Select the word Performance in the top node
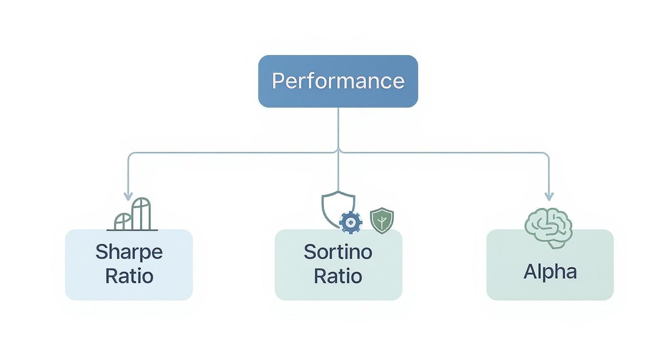click(x=338, y=81)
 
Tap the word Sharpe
click(x=129, y=252)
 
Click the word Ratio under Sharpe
click(x=129, y=276)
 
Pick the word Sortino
click(x=338, y=252)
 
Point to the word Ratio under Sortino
click(x=338, y=276)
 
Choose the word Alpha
click(x=550, y=272)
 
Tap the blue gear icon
click(x=351, y=222)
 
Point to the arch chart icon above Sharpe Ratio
click(x=133, y=215)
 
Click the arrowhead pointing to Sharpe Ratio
click(x=128, y=196)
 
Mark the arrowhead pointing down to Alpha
click(x=549, y=196)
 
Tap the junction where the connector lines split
click(x=338, y=153)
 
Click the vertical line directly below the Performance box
click(x=338, y=127)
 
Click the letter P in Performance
click(x=277, y=81)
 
